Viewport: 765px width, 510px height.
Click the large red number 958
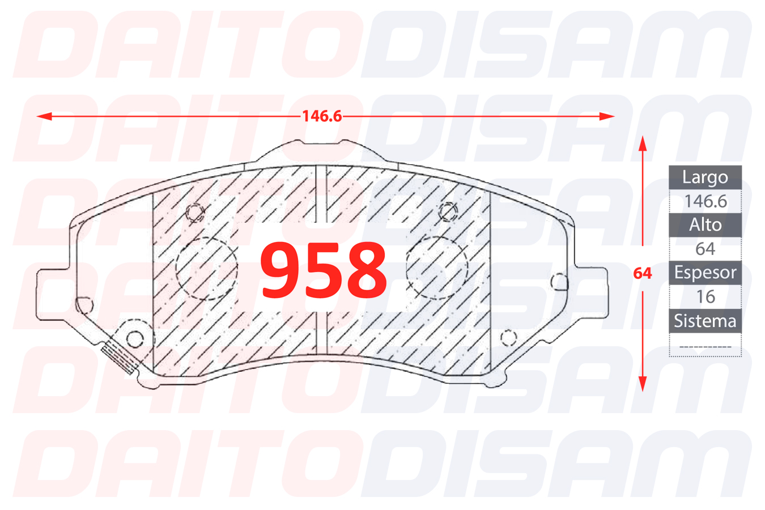tap(324, 270)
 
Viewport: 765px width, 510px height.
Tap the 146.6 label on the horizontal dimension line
tap(322, 116)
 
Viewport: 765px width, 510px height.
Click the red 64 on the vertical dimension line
tap(643, 273)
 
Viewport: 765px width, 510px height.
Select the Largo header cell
tap(705, 177)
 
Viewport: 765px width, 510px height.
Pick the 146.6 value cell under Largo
tap(705, 201)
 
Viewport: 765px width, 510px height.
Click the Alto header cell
tap(705, 225)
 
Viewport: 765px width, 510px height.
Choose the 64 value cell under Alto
tap(705, 249)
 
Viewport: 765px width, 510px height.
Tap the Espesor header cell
tap(705, 273)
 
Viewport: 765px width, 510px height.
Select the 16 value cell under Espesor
tap(705, 297)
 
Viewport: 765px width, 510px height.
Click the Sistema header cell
tap(705, 321)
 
